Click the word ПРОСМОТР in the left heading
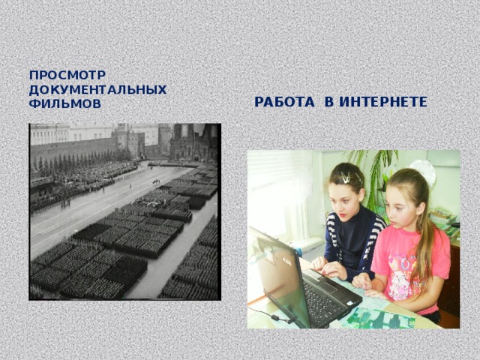point(67,75)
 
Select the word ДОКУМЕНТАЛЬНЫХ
point(97,89)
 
